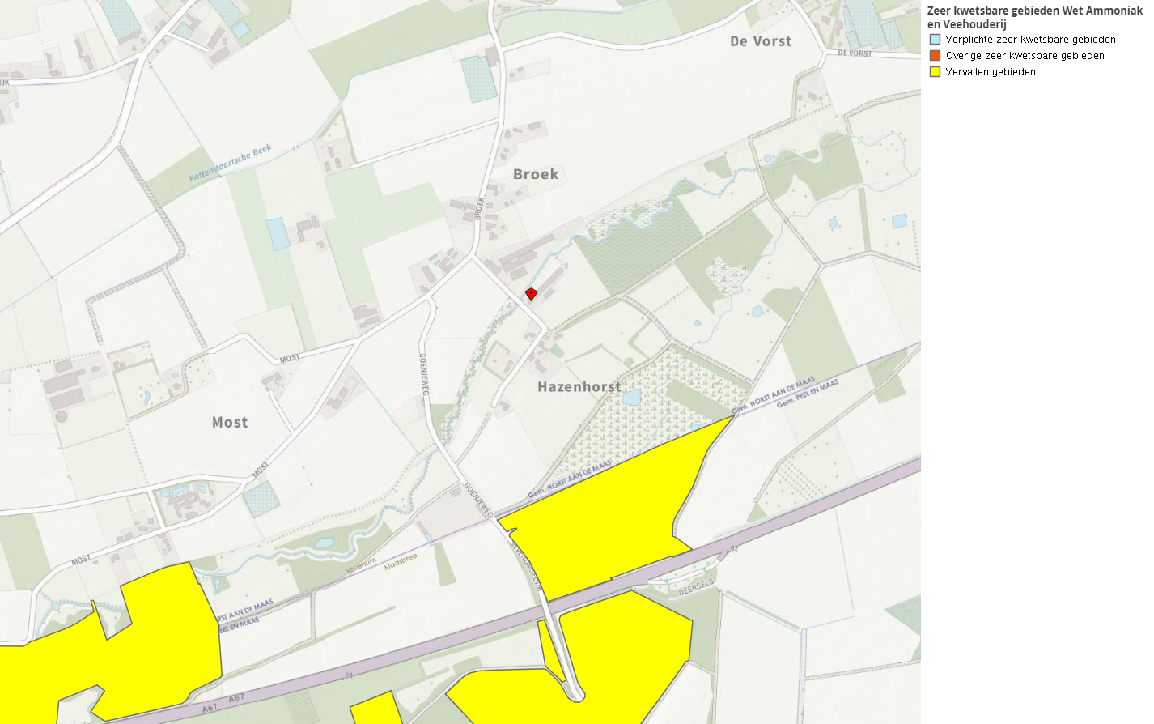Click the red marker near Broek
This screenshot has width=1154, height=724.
(531, 294)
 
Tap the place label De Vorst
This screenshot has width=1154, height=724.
(761, 41)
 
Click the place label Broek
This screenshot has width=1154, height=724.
(536, 174)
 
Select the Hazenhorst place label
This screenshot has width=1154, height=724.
(579, 387)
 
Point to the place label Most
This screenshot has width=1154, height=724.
(230, 423)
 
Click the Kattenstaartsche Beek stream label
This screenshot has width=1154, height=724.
(231, 164)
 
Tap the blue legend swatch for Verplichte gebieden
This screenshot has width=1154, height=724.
(935, 39)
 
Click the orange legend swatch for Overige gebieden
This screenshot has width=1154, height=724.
(935, 55)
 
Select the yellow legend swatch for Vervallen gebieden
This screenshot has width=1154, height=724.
(935, 71)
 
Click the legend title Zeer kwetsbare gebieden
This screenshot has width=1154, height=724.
(1034, 17)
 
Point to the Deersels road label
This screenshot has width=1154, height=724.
(696, 586)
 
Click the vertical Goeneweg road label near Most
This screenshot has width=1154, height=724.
(423, 374)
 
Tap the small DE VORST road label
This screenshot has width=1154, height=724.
(855, 53)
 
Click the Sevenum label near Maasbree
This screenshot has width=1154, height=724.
(361, 565)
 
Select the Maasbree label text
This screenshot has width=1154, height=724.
(401, 561)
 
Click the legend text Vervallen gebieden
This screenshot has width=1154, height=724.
(991, 72)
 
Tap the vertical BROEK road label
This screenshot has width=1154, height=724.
(479, 208)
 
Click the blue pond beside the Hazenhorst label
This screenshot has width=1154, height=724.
(632, 398)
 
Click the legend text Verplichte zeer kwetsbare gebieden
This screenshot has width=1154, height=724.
(1030, 40)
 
